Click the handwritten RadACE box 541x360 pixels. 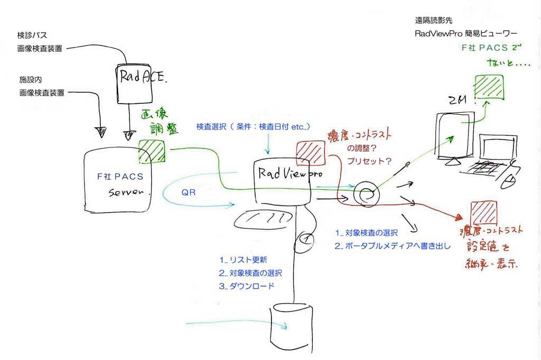click(x=139, y=81)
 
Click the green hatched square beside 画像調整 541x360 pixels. click(x=152, y=151)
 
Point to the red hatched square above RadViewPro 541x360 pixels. click(x=309, y=153)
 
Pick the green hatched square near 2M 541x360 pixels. click(x=489, y=87)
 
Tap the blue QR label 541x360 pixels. click(x=189, y=192)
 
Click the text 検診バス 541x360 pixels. click(x=32, y=35)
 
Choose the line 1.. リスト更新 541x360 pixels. click(x=243, y=260)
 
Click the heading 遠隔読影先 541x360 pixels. click(x=434, y=21)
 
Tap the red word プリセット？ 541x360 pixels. click(x=366, y=159)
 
